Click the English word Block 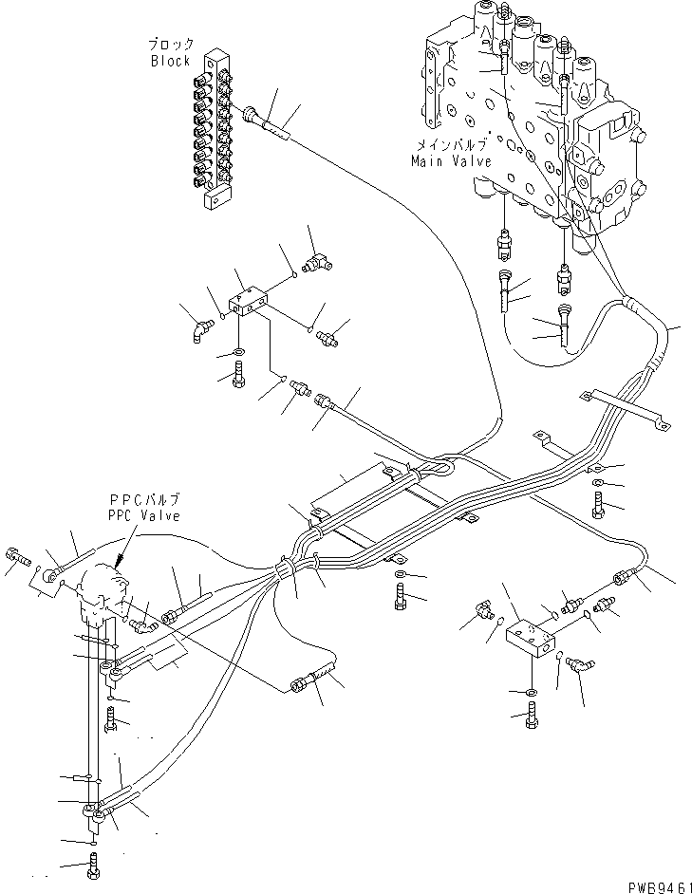click(x=171, y=61)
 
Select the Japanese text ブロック click(x=171, y=45)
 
